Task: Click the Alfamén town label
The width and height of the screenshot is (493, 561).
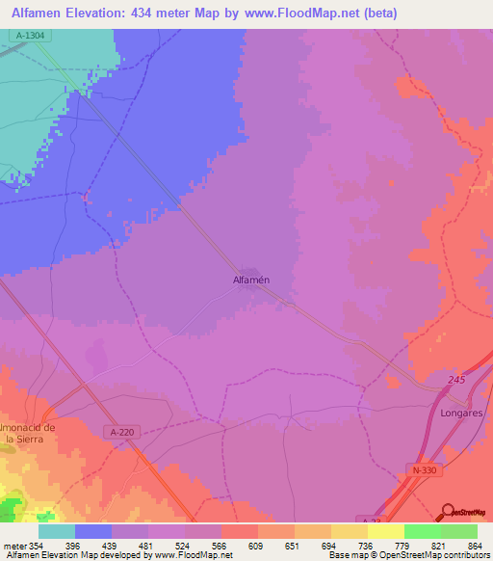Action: (250, 280)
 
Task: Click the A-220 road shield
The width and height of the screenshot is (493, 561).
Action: (122, 433)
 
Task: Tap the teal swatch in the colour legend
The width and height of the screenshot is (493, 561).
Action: (57, 531)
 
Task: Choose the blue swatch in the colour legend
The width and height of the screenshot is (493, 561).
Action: (93, 531)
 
